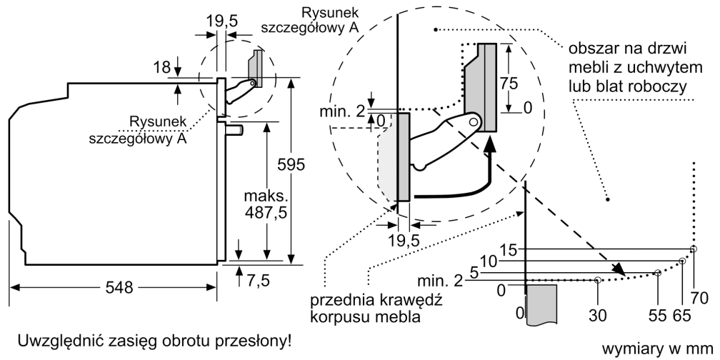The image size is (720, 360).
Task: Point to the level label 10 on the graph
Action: [488, 261]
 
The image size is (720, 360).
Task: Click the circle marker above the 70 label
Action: [694, 249]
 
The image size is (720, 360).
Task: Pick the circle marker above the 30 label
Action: [597, 281]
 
